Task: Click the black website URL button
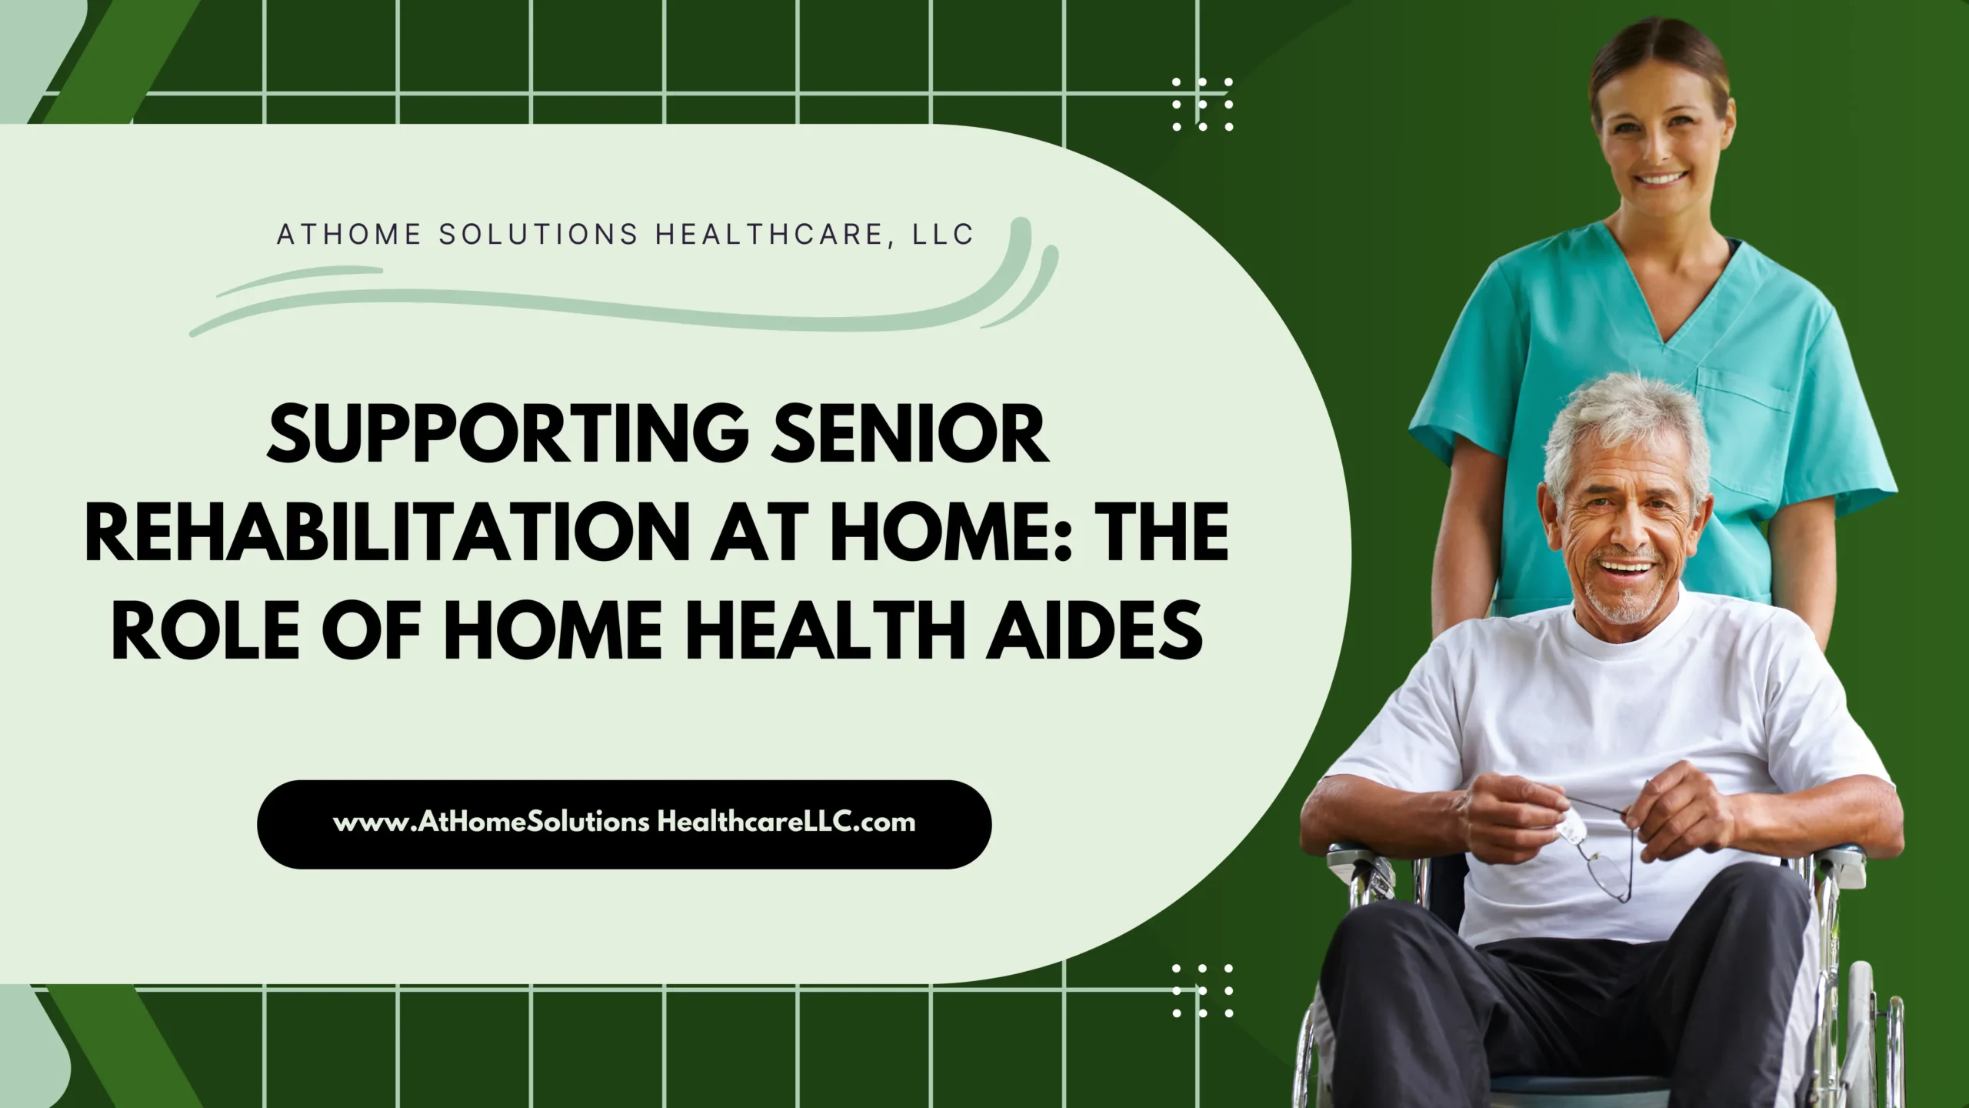[x=624, y=825]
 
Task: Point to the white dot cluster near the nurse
[x=1202, y=104]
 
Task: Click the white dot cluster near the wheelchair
[x=1202, y=990]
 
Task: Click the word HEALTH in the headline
[x=812, y=629]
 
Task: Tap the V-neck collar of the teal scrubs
[x=1661, y=308]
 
